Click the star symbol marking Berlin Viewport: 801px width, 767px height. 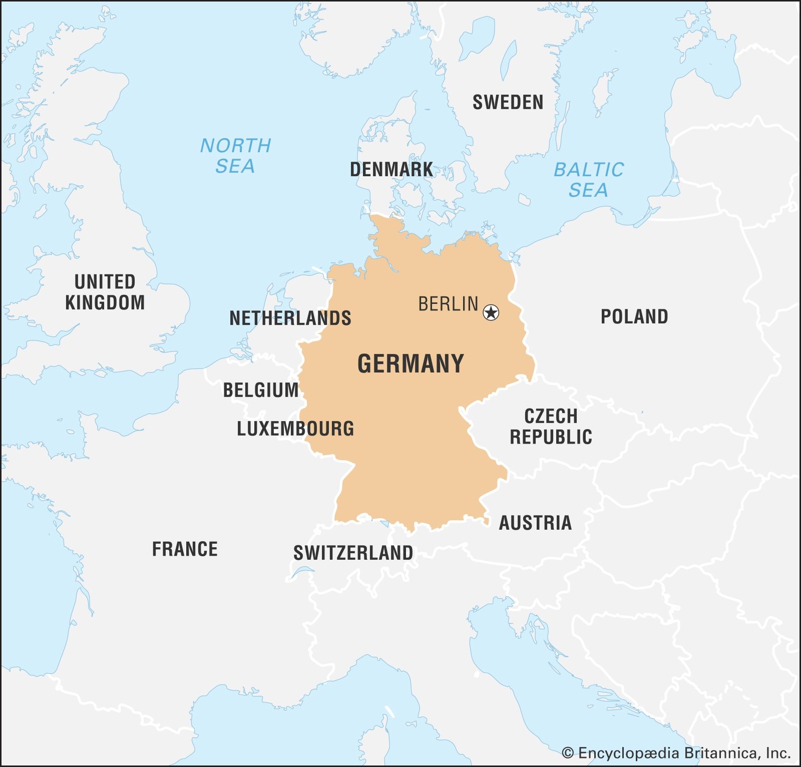pos(491,312)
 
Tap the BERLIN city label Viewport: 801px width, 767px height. pos(448,304)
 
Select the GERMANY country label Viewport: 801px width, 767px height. pos(411,363)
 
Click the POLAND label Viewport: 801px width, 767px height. pos(634,316)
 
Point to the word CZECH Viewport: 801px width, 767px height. pos(551,416)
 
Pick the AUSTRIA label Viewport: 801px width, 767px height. pos(535,523)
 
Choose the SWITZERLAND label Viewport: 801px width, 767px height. pos(353,553)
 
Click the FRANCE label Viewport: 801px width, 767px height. pos(185,549)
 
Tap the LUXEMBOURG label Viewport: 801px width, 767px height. pos(295,429)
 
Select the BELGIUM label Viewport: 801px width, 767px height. pos(261,390)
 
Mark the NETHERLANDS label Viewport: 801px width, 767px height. pos(290,318)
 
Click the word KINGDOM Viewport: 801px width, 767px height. pos(105,302)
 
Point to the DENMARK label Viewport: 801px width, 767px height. pos(391,169)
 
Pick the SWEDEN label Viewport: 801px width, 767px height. pos(508,102)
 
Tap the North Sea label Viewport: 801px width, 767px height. pos(235,156)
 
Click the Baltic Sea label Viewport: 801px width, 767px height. pos(589,180)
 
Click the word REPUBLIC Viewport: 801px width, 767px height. pos(551,437)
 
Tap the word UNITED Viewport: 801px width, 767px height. pos(105,282)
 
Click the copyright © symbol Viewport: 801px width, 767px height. pos(568,753)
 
